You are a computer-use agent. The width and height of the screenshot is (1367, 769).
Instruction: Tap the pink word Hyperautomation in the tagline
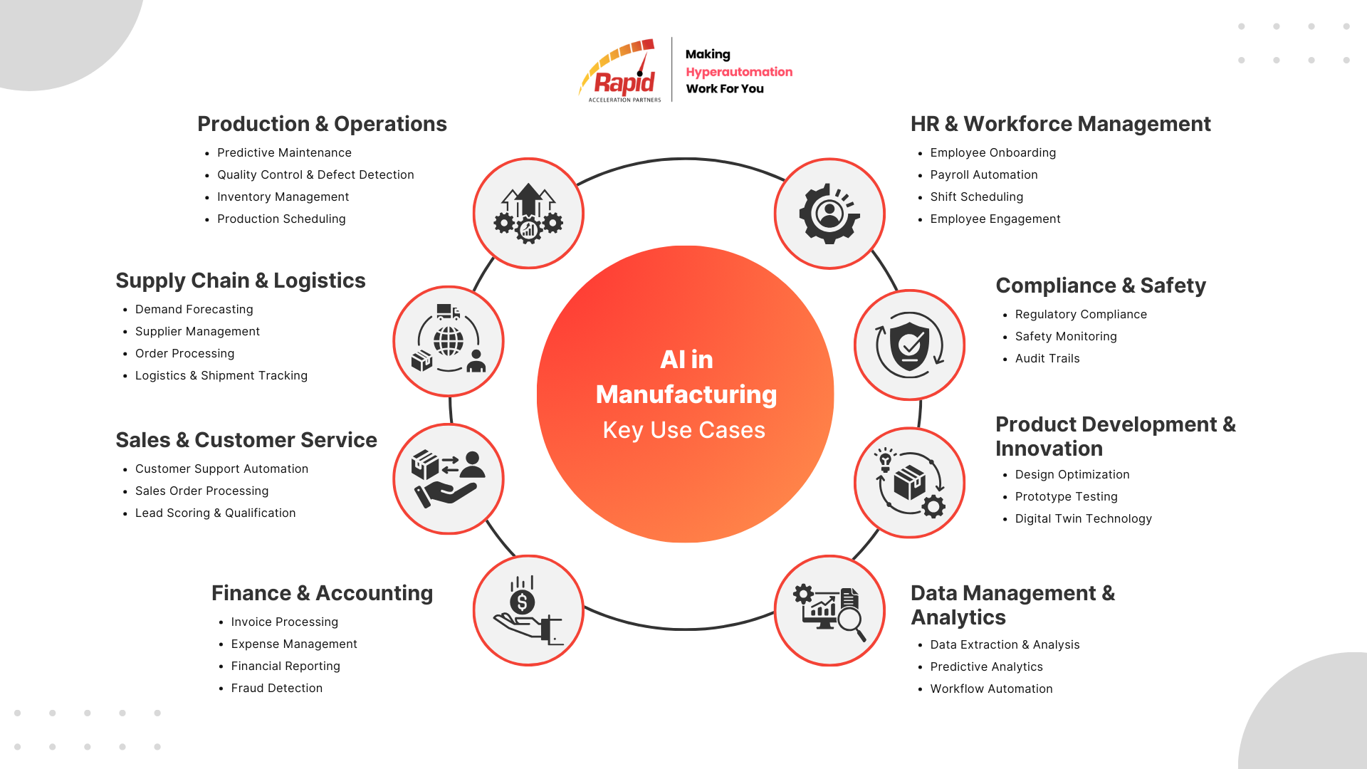738,72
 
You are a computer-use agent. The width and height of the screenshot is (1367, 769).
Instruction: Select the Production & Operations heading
322,124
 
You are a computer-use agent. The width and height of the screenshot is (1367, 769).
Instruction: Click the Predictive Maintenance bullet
284,152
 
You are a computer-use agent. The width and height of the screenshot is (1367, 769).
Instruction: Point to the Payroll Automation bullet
983,174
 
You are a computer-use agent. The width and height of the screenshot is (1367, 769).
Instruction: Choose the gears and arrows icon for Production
528,214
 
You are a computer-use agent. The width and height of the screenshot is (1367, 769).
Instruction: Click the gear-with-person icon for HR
829,214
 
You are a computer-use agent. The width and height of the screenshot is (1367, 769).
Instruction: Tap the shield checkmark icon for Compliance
909,345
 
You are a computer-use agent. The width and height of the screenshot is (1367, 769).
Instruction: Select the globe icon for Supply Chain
449,341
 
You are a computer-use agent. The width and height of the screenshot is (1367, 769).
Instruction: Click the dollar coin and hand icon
528,610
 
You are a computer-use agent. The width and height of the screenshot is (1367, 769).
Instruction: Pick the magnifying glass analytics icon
829,610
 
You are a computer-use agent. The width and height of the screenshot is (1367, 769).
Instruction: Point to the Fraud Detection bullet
276,688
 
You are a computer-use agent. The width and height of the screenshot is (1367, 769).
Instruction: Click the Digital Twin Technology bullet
1083,518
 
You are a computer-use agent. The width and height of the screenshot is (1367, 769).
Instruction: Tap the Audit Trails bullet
1047,358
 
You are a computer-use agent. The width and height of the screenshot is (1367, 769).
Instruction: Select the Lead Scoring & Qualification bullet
215,513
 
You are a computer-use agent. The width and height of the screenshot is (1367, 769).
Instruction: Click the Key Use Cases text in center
684,430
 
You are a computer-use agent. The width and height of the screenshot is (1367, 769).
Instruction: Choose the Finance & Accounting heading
322,593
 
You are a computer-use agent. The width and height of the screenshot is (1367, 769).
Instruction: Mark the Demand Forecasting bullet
194,309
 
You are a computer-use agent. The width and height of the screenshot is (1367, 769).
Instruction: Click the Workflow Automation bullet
991,689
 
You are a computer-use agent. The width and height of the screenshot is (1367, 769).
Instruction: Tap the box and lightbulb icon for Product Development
909,483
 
